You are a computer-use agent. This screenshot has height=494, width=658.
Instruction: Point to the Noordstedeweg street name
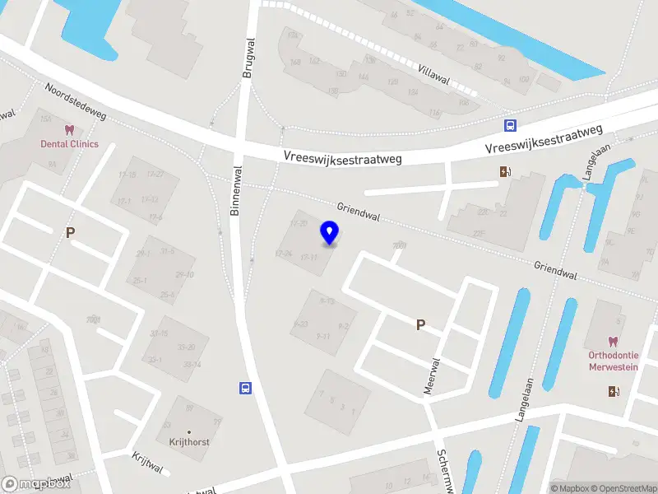point(76,101)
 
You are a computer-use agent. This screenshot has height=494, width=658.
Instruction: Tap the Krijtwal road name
point(148,462)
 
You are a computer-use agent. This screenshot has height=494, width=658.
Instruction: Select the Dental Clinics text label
point(69,144)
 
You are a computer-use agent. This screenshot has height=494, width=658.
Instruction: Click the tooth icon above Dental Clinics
point(69,130)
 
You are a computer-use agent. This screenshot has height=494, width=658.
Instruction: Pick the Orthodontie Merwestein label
point(613,361)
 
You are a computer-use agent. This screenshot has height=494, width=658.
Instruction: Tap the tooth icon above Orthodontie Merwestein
point(613,342)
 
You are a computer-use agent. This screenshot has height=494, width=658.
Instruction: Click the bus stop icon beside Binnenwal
point(244,388)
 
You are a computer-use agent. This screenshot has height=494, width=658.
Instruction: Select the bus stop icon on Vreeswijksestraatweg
point(511,125)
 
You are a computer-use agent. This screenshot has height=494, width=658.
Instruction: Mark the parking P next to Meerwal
point(420,325)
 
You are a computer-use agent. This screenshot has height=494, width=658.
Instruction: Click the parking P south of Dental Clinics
point(70,233)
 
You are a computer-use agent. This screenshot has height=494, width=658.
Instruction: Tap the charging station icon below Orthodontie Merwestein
point(613,391)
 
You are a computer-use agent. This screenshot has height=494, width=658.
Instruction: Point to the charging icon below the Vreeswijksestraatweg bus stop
point(504,172)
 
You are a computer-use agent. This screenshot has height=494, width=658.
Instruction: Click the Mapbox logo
point(36,484)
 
